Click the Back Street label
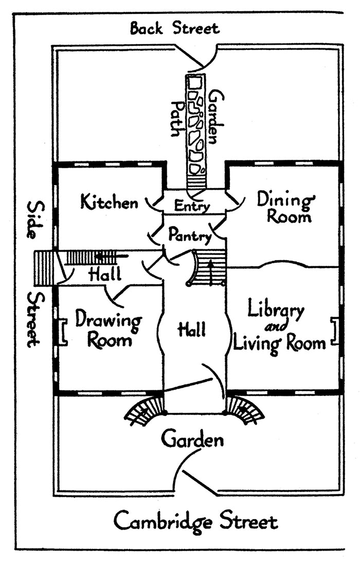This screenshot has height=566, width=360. [x=174, y=28]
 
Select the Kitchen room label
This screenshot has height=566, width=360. [x=110, y=202]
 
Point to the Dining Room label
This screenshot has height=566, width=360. [x=285, y=207]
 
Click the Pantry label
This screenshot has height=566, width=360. [x=190, y=235]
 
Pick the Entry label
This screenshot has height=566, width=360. [x=192, y=206]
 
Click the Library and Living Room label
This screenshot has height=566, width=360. [x=279, y=327]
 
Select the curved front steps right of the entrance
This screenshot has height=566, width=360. [x=245, y=411]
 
